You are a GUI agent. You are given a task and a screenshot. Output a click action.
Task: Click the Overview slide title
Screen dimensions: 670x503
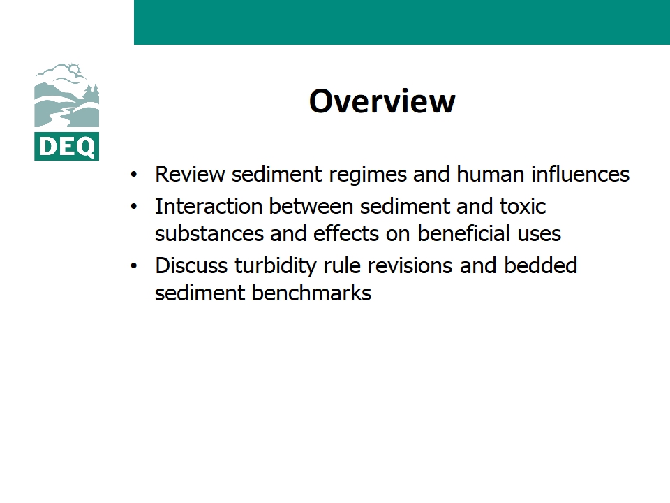(382, 101)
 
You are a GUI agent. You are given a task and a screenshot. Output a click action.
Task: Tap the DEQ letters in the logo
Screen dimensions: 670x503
(67, 147)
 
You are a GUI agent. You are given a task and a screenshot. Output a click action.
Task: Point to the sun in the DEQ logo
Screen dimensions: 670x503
(75, 69)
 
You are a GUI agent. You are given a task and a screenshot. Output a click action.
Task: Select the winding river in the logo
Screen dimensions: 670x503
(60, 117)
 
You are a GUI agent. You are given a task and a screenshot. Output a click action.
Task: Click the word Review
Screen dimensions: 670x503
(190, 175)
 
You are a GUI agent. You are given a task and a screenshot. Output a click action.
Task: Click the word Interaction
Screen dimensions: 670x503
(209, 206)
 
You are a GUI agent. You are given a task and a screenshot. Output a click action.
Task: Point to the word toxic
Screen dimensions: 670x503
(523, 206)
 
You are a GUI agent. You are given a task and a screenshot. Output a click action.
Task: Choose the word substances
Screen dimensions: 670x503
(209, 233)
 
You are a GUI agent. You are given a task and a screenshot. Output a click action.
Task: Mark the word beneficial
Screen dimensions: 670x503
(463, 233)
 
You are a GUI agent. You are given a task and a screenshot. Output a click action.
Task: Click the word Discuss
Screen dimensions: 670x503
(191, 265)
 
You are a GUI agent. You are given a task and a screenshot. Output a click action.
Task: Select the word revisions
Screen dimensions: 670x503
(410, 265)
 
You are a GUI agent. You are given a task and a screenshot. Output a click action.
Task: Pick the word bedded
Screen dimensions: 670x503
(540, 265)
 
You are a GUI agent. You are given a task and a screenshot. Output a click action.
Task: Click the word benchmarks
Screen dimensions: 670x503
(311, 293)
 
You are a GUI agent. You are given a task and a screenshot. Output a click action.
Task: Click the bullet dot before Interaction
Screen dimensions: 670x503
(134, 207)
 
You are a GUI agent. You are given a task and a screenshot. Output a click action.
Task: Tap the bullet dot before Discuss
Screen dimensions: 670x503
(134, 266)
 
